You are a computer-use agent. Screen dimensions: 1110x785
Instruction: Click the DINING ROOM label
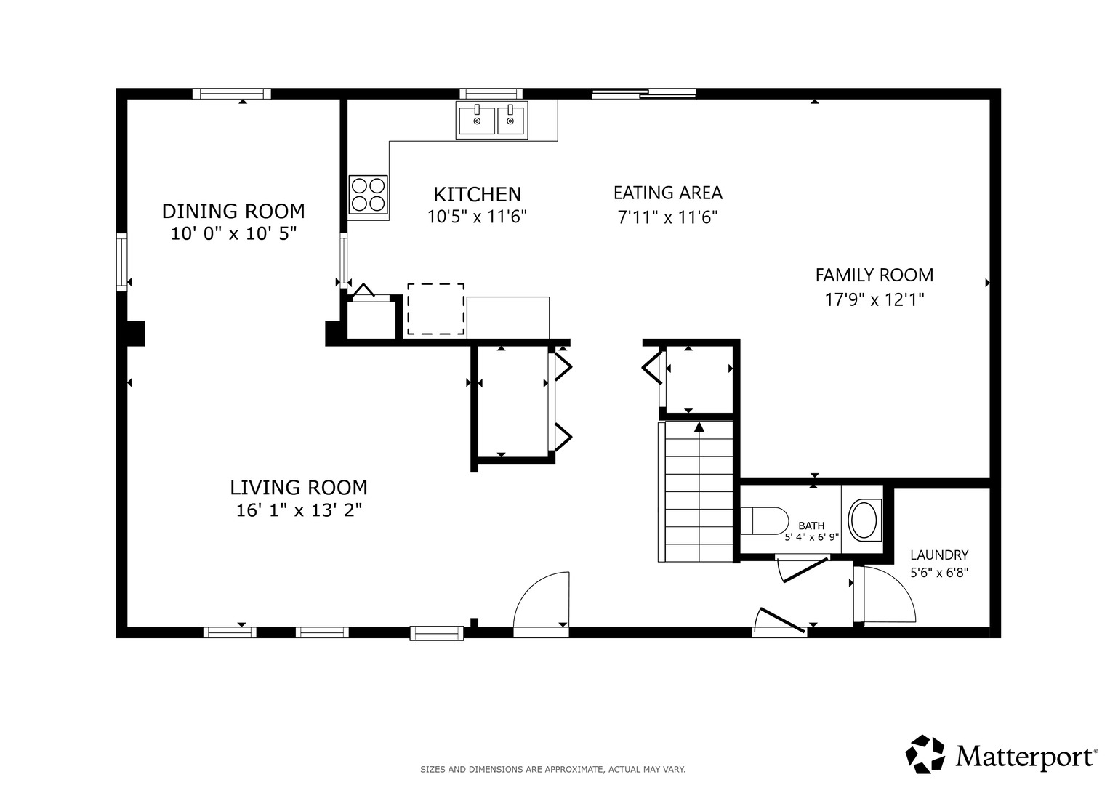tap(233, 212)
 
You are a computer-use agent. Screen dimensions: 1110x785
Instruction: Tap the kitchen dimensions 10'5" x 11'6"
tap(477, 217)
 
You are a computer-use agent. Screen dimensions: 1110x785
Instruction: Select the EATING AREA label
tap(668, 193)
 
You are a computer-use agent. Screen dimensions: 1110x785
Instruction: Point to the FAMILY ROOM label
tap(874, 275)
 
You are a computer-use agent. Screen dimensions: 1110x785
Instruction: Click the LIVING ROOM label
tap(299, 488)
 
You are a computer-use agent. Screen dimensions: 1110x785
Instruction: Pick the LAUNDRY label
tap(939, 555)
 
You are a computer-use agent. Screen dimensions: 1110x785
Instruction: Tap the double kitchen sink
tap(491, 121)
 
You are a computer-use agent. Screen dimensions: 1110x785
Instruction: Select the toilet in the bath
tap(765, 521)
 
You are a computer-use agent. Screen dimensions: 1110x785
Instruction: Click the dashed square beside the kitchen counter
tap(436, 309)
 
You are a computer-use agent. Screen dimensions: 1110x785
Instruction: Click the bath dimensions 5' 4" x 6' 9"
tap(812, 536)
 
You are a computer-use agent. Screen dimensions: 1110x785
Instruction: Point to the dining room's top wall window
tap(232, 94)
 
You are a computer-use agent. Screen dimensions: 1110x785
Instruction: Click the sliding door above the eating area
tap(644, 93)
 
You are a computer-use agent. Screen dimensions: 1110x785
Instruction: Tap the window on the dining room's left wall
tap(121, 262)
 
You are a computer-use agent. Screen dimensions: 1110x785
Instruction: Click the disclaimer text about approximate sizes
tap(553, 770)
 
